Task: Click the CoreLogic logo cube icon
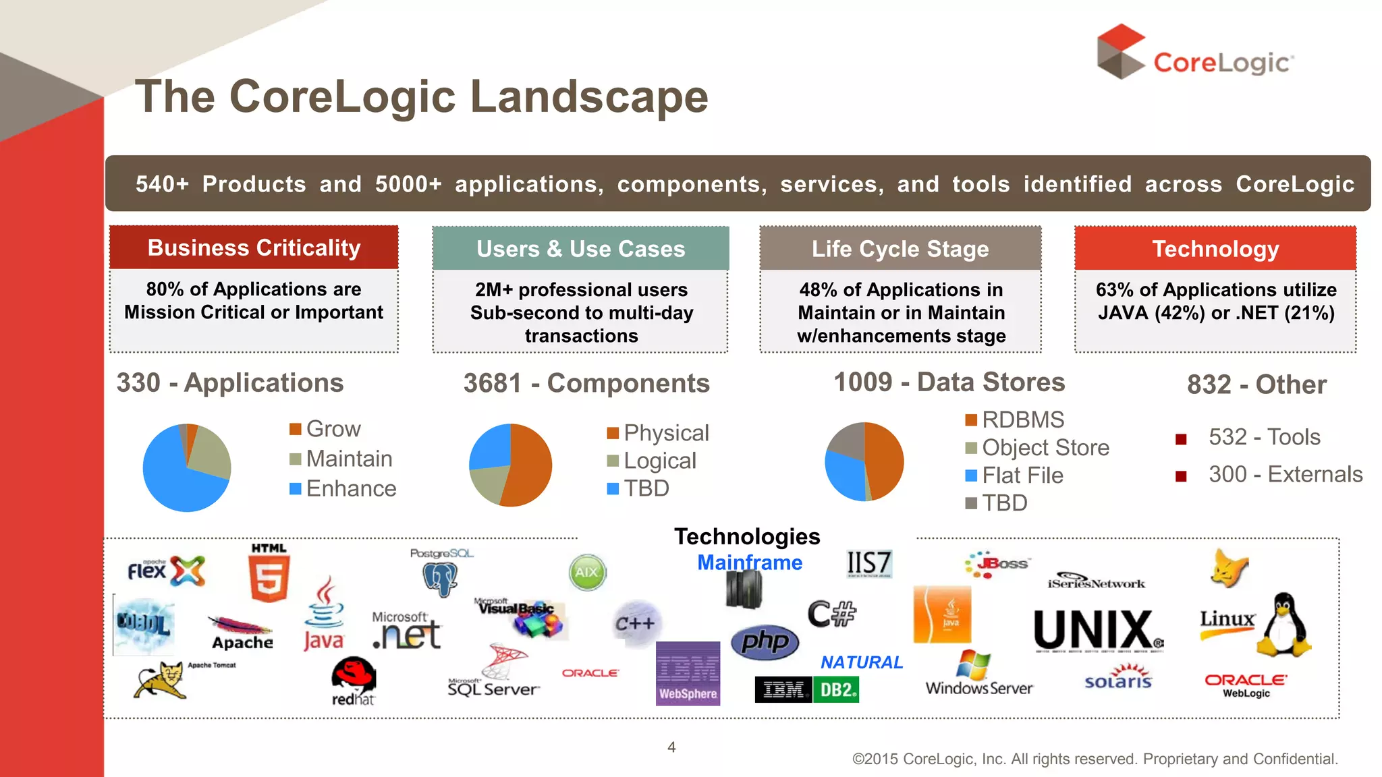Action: pos(1120,52)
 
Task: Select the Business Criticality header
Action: pos(254,248)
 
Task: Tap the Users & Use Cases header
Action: pos(580,249)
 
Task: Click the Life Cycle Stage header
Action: pos(900,249)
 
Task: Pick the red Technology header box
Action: pos(1215,249)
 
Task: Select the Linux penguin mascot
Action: pos(1284,625)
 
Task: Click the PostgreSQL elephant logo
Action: pos(441,577)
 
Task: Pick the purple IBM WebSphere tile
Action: pos(688,673)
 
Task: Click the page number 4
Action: pos(671,747)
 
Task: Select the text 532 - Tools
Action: pos(1264,437)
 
